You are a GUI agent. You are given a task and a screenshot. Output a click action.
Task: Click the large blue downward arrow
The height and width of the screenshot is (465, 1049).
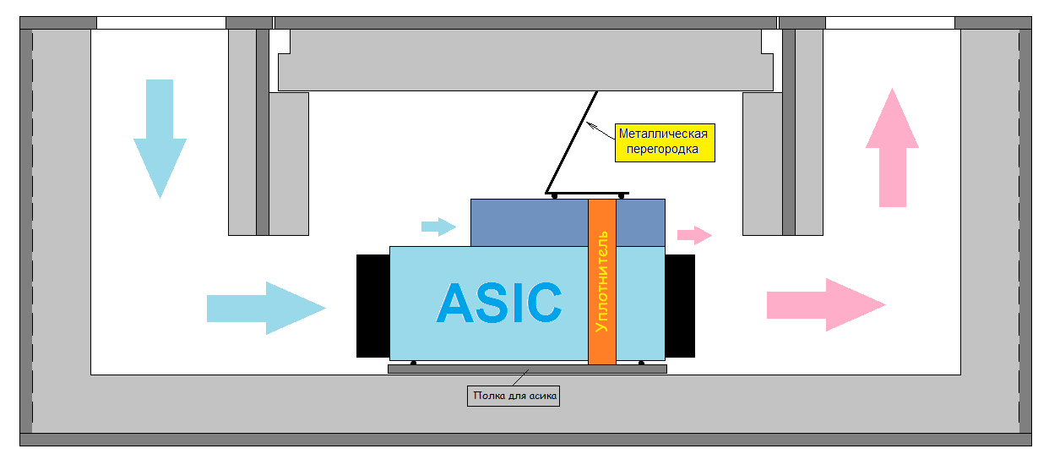(159, 135)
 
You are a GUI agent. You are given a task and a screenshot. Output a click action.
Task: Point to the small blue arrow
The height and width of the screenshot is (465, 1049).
(438, 226)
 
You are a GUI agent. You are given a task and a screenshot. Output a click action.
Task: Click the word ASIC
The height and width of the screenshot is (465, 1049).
(499, 303)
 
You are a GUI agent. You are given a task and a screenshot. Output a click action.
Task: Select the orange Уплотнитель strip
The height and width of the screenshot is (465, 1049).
(601, 282)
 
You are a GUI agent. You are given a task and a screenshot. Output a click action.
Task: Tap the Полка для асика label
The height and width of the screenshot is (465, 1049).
(514, 395)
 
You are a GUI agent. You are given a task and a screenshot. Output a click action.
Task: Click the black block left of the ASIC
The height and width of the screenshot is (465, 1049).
(372, 305)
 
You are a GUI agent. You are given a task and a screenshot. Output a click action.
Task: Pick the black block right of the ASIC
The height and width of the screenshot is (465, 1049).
(680, 305)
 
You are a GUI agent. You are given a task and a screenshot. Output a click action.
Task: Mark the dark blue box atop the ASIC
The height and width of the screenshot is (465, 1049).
(528, 222)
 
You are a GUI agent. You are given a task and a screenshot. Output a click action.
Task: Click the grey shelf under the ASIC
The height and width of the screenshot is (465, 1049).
(527, 369)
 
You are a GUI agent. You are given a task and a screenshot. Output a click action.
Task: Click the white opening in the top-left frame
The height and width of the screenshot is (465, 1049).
(161, 23)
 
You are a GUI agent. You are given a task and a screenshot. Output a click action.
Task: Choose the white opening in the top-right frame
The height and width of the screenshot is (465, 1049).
(889, 23)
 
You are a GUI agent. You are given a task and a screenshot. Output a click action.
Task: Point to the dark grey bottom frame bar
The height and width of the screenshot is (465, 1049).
(524, 439)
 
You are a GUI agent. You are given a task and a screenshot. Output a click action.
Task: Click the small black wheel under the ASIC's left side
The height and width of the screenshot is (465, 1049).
(413, 364)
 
